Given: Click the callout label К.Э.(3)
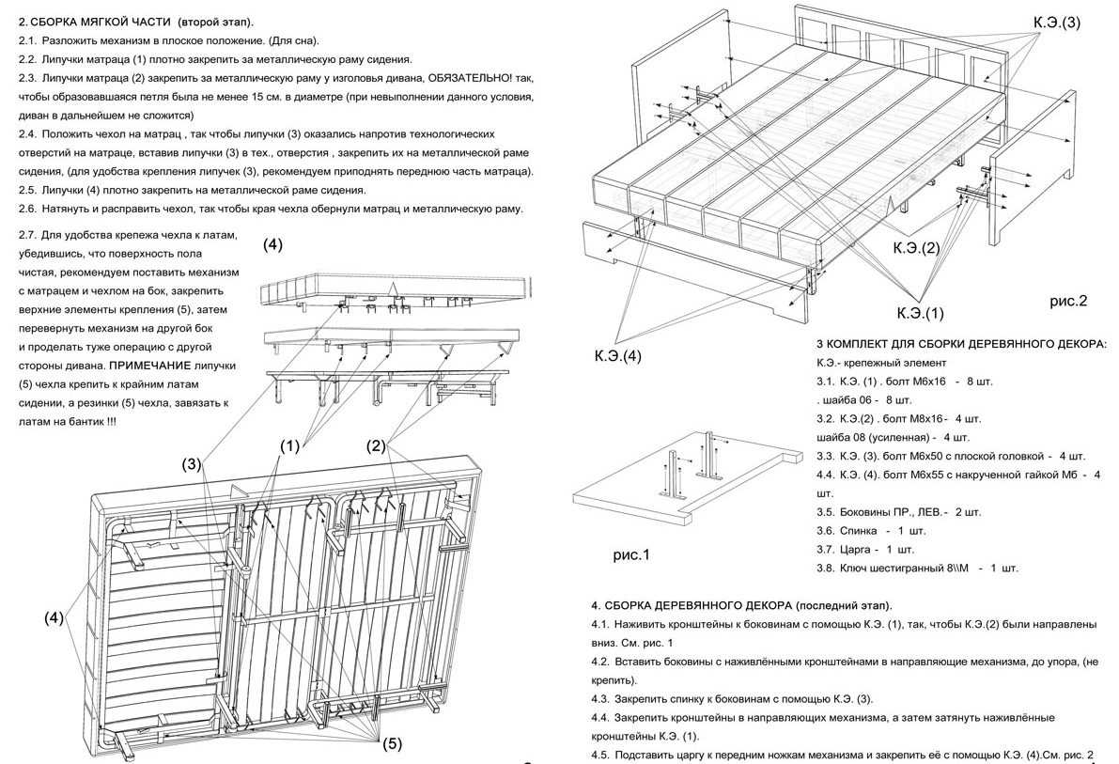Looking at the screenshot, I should (x=1057, y=22).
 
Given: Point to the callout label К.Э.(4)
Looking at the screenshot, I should (x=617, y=356).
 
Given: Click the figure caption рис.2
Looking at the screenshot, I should (x=1068, y=302).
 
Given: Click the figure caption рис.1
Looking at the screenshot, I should (x=631, y=555).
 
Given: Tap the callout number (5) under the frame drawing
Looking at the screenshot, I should (x=392, y=743).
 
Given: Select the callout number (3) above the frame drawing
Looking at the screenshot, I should (x=193, y=463).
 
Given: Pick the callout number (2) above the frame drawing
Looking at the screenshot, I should (x=376, y=445).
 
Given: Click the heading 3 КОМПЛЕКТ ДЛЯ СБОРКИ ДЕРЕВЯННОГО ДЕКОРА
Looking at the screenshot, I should (x=961, y=344).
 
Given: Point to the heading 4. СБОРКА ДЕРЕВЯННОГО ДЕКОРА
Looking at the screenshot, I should (x=741, y=604).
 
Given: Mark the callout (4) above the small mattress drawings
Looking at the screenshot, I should (x=272, y=245).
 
